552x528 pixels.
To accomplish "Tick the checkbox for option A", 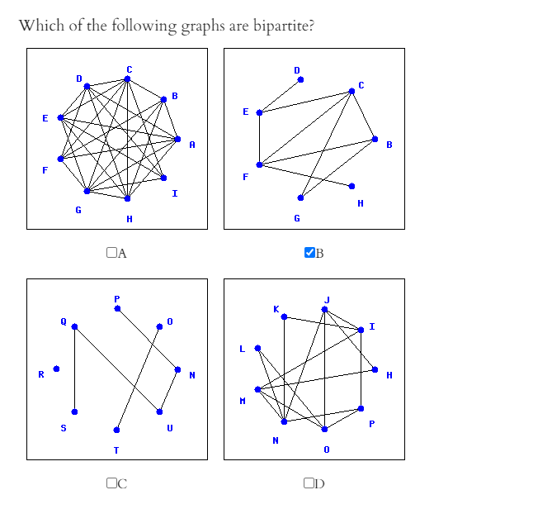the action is pos(111,253).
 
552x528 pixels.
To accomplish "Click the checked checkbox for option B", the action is pos(309,253).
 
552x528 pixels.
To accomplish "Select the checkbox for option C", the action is pos(111,483).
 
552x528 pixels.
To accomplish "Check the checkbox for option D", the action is pos(309,483).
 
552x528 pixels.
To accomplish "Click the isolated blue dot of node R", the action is pos(56,369).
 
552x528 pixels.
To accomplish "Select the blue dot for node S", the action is pos(74,411).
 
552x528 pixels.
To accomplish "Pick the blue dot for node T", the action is pos(116,430).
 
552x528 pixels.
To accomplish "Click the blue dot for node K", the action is pos(284,316).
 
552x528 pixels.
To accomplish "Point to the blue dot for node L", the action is pos(257,348).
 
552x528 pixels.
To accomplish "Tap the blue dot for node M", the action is pos(257,389).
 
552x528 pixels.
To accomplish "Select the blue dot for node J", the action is pos(325,309).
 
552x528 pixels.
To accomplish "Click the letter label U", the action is pos(170,427).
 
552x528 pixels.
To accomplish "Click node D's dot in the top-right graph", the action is pos(300,80).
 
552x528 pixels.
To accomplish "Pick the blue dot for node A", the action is pos(178,138).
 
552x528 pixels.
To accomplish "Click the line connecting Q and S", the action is pos(74,369).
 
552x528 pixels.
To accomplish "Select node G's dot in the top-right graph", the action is pos(300,197).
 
